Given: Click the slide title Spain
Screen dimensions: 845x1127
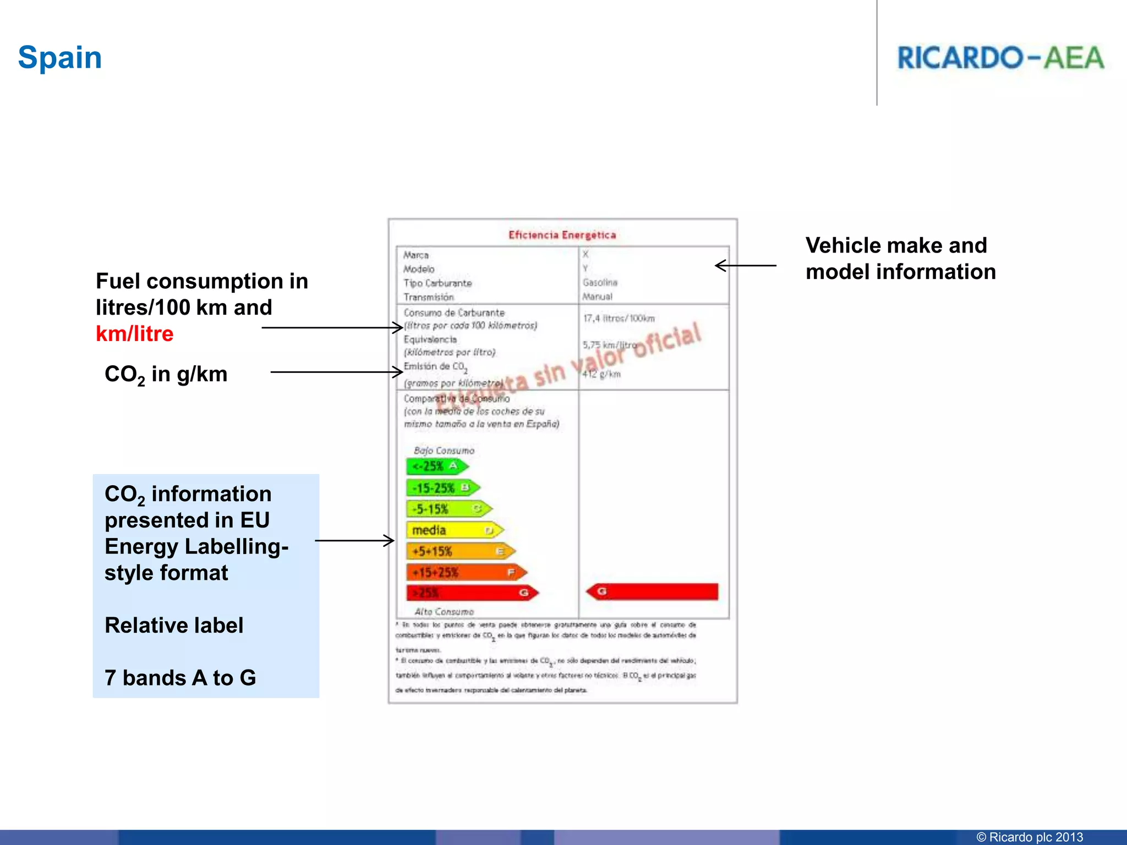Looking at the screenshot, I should [x=60, y=58].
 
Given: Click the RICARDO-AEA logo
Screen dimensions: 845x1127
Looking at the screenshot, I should [x=1000, y=58].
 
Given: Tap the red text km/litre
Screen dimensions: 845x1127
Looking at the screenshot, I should [x=135, y=334].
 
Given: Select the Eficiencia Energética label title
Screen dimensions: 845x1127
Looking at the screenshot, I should [x=562, y=235].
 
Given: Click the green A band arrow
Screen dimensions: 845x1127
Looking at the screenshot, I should [x=437, y=467].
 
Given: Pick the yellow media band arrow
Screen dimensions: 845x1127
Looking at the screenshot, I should [x=455, y=530].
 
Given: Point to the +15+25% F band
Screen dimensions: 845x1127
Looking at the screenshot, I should [x=466, y=573].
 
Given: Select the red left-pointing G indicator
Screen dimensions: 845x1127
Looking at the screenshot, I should [x=652, y=591].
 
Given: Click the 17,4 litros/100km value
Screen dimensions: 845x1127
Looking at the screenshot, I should [x=619, y=319].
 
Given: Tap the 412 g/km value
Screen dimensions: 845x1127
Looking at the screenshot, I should [x=602, y=374].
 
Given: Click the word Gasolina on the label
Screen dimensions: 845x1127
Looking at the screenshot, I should [x=600, y=283].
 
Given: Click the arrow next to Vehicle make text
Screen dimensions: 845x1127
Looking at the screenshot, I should [x=746, y=266].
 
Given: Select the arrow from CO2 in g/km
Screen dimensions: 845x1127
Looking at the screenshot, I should [x=337, y=372].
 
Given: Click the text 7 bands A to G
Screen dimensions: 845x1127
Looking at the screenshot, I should [x=180, y=678].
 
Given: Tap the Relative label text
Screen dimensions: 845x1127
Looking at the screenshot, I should [x=174, y=625].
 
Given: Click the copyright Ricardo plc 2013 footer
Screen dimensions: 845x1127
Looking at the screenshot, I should [x=1029, y=837].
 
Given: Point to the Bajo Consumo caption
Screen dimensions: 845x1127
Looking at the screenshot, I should [x=444, y=451].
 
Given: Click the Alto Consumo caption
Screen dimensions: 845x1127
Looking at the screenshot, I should [x=444, y=612].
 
